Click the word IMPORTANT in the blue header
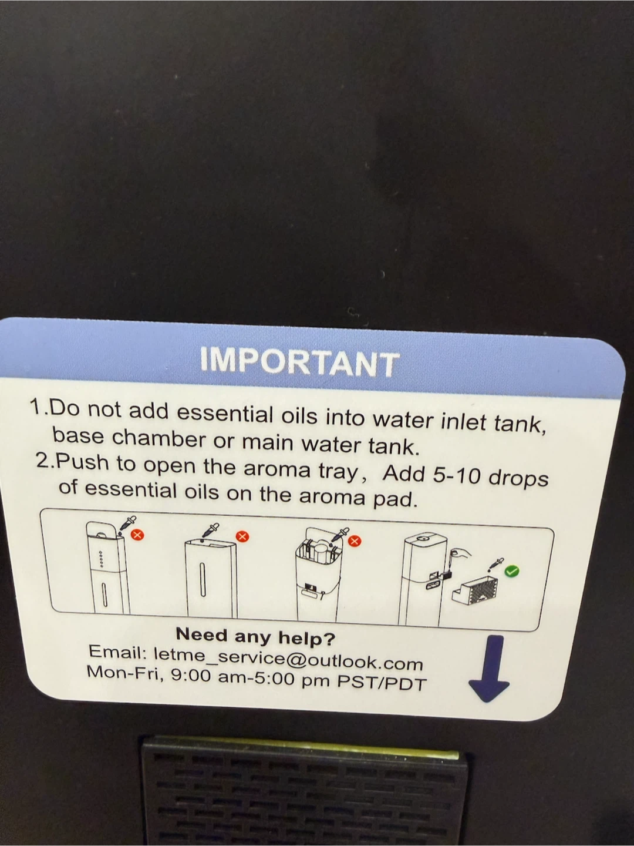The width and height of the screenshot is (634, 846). (x=299, y=363)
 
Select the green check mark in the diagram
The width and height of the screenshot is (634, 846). (x=512, y=572)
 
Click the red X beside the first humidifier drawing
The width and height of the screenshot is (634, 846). (x=137, y=535)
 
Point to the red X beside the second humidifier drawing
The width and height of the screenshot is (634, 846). (x=242, y=536)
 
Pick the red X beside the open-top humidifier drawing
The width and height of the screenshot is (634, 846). (x=355, y=542)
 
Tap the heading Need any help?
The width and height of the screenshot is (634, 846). (x=255, y=638)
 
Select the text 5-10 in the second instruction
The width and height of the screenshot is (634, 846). (x=457, y=477)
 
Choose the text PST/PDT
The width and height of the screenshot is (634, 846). (x=382, y=683)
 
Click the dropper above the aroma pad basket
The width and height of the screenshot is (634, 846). (x=496, y=564)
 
